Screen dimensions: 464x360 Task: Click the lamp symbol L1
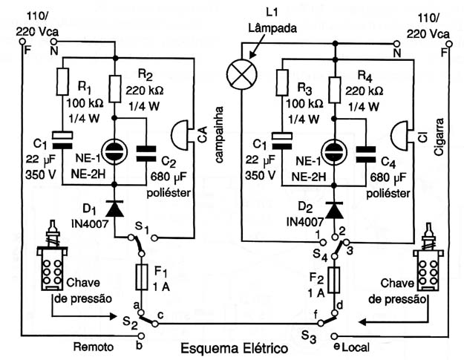242,74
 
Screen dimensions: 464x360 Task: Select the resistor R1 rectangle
62,82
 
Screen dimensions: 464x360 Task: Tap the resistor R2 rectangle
115,89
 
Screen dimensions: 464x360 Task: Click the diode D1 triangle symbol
114,209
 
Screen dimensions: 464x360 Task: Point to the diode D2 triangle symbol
334,210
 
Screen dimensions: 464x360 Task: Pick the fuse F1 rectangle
142,277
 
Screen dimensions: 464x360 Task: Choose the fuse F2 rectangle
334,280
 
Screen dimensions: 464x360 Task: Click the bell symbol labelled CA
180,135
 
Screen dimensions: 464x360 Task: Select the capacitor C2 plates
146,154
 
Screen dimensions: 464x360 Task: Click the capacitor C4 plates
366,154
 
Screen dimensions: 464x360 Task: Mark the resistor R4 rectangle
335,90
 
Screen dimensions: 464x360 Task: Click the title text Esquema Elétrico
234,348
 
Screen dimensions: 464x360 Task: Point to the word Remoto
94,347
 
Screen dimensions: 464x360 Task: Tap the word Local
356,347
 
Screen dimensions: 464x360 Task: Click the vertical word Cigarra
440,137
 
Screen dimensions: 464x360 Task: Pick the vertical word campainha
219,134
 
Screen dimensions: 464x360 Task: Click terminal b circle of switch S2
142,336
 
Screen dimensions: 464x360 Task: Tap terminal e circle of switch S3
334,336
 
